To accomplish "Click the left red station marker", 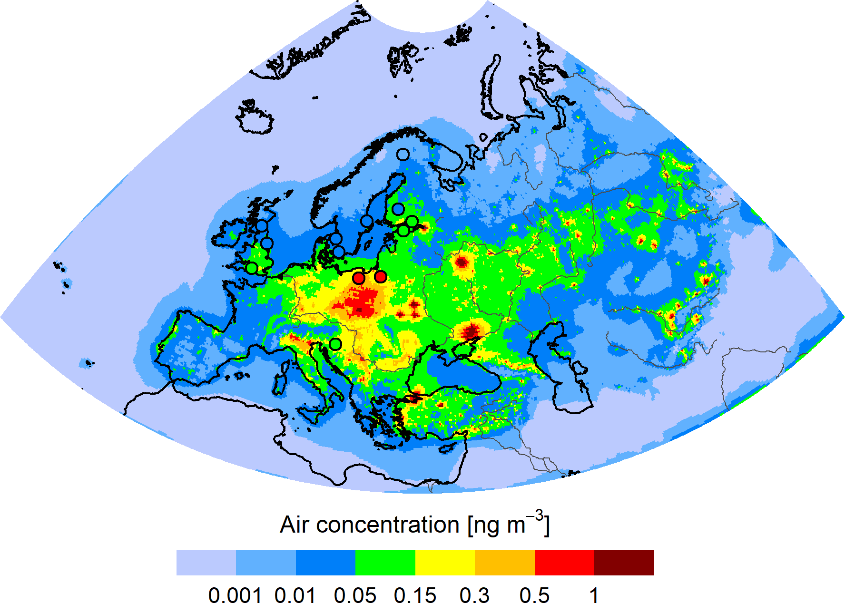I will [359, 278].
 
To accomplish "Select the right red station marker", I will [381, 276].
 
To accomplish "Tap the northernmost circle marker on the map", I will [403, 155].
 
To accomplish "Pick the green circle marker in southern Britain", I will [252, 268].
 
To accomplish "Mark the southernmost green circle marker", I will [335, 344].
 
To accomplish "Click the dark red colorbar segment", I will [624, 563].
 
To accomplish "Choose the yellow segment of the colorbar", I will [445, 563].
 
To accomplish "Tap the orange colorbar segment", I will [504, 563].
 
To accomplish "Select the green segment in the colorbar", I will [385, 563].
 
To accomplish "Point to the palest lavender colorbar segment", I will [206, 563].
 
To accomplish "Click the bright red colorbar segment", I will [564, 563].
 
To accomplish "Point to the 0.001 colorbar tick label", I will [235, 595].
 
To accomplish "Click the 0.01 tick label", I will [295, 595].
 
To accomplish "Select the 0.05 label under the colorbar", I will [355, 595].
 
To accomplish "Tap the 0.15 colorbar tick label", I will [415, 595].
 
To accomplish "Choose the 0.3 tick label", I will [474, 595].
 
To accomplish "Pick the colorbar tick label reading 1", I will [594, 595].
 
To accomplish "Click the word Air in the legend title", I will [295, 525].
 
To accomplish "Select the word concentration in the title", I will [387, 525].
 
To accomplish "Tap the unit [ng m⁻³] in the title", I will [508, 524].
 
